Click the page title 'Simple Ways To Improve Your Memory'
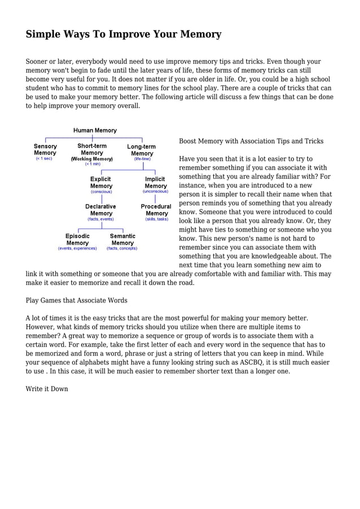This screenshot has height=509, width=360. click(x=123, y=34)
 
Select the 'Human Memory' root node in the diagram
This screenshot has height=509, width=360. click(x=95, y=130)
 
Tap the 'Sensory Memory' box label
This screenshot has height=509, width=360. click(x=45, y=150)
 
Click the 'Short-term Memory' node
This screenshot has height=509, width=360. click(x=92, y=150)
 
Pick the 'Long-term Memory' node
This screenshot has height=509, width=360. click(x=142, y=150)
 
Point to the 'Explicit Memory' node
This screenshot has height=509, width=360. click(x=102, y=182)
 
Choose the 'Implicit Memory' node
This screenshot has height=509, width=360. click(x=155, y=182)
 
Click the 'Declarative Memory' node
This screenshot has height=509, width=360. click(x=100, y=210)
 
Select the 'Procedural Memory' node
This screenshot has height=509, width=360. click(x=156, y=210)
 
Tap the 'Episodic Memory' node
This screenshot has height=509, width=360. click(x=77, y=239)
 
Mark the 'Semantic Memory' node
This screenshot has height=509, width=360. click(x=122, y=239)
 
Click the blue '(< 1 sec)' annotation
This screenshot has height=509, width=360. click(x=44, y=159)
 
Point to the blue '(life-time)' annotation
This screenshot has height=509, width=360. click(x=142, y=159)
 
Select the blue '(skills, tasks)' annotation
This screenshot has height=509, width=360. click(x=156, y=219)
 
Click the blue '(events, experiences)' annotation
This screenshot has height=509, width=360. click(x=77, y=248)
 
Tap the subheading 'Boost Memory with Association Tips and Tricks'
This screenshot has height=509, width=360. click(x=251, y=141)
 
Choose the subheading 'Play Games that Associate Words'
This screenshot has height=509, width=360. click(x=76, y=300)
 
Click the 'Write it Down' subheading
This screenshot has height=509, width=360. click(x=47, y=389)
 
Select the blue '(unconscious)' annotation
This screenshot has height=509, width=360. click(x=155, y=191)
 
